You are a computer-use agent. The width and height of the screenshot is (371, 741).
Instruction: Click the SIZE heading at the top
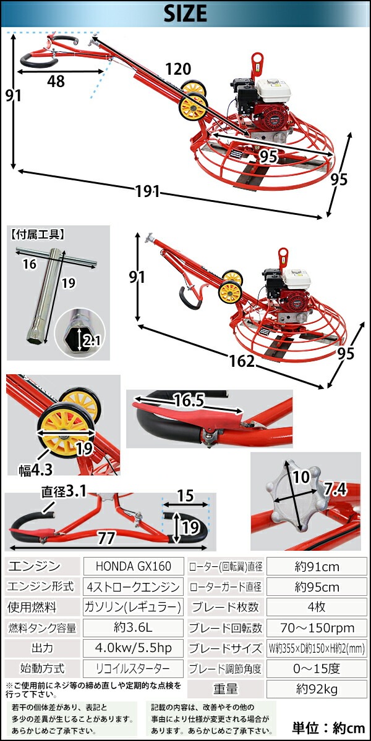[185, 14]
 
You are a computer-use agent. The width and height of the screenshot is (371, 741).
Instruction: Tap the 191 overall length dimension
[148, 191]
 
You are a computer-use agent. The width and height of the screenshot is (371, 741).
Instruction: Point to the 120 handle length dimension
[178, 69]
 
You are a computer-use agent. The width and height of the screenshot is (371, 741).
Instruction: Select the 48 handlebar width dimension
[56, 81]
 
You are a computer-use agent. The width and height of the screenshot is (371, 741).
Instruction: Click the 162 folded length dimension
[242, 361]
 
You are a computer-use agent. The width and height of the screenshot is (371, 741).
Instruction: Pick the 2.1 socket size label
[92, 340]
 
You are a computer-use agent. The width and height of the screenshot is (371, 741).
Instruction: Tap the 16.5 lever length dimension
[189, 401]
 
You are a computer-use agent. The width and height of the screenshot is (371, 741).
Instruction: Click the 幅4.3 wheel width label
[36, 470]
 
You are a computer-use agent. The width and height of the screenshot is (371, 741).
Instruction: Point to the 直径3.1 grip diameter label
[64, 492]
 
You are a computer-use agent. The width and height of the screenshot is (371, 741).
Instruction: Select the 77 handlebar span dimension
[106, 538]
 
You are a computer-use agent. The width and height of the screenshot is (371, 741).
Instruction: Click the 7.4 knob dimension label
[335, 489]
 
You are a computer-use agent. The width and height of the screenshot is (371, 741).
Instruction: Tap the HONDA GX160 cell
[133, 566]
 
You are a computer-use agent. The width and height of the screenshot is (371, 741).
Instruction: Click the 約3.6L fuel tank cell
[133, 627]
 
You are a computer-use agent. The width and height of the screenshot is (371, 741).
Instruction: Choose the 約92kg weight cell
[317, 689]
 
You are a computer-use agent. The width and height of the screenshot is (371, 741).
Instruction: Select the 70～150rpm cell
[317, 627]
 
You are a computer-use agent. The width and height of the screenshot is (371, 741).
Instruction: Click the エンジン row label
[34, 566]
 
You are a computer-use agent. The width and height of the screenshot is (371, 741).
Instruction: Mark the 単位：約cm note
[328, 728]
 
